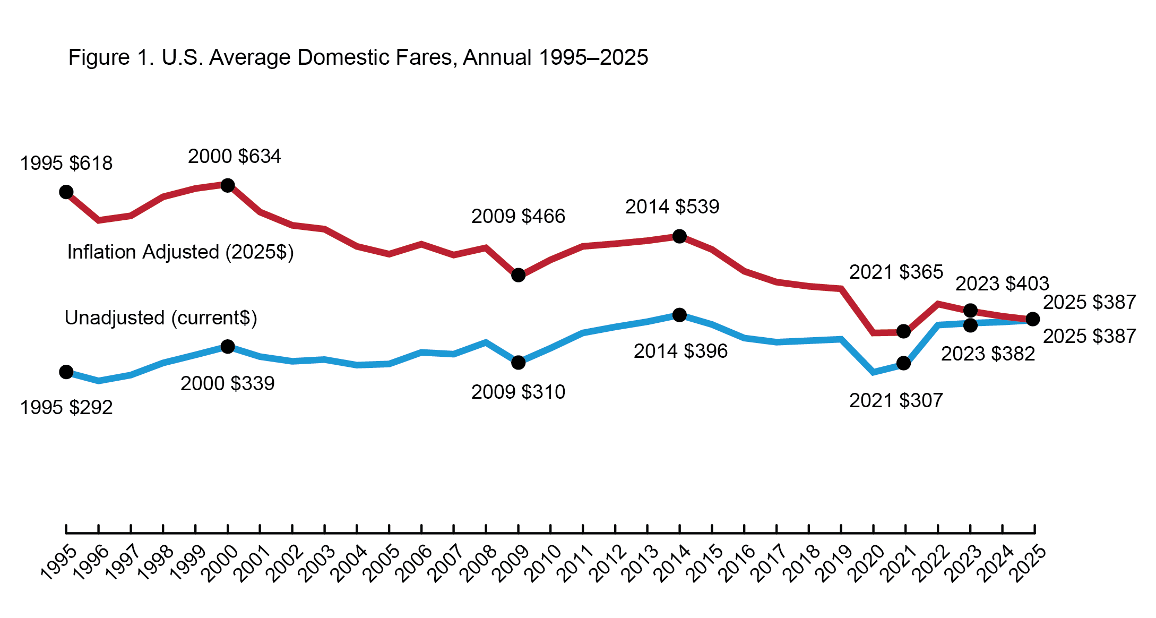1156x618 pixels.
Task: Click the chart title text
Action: (x=358, y=57)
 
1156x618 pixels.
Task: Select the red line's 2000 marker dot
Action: (x=228, y=185)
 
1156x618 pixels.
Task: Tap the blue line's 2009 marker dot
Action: (x=519, y=363)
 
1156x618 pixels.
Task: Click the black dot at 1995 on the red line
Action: (x=66, y=192)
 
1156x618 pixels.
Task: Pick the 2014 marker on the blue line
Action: (x=679, y=315)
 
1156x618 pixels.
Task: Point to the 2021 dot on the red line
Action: (x=903, y=332)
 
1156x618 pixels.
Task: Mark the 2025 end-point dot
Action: (x=1033, y=319)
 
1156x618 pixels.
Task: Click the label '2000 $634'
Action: (x=234, y=157)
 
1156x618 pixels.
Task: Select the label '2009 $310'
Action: (x=518, y=392)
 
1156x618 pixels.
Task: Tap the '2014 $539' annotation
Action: (x=672, y=207)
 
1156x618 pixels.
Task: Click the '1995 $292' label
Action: (x=66, y=408)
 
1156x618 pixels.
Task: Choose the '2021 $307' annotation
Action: (x=896, y=401)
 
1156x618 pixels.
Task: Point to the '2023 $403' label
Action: (x=1002, y=284)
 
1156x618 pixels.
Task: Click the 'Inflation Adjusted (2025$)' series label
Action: (x=180, y=252)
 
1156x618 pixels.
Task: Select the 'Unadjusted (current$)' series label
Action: (x=161, y=318)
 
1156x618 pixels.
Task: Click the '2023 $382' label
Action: (x=988, y=354)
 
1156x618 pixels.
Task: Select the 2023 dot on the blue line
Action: (x=970, y=325)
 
